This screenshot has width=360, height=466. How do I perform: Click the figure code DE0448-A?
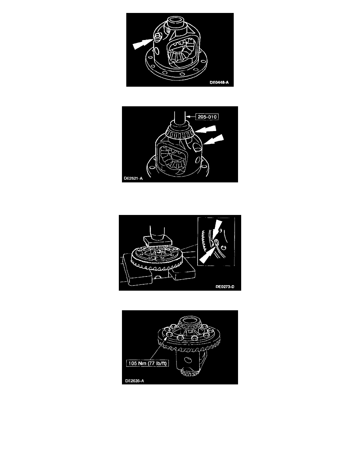click(x=219, y=82)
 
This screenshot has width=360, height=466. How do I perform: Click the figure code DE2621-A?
click(x=133, y=178)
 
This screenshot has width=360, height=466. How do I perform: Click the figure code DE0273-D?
click(x=225, y=287)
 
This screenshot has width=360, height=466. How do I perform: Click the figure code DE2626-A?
click(x=135, y=381)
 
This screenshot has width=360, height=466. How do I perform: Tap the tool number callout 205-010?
click(x=207, y=117)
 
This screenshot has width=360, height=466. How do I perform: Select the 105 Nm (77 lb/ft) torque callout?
click(x=147, y=363)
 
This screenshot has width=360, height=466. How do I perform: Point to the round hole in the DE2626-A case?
click(x=187, y=360)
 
